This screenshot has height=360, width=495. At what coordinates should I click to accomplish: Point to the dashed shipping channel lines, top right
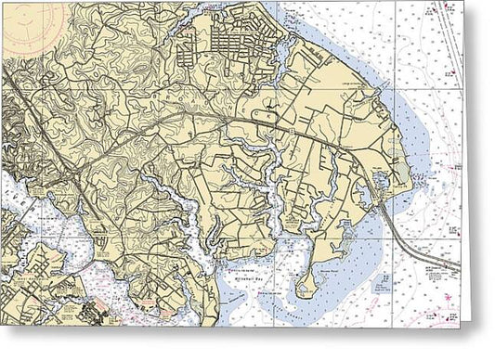tap(449, 37)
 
